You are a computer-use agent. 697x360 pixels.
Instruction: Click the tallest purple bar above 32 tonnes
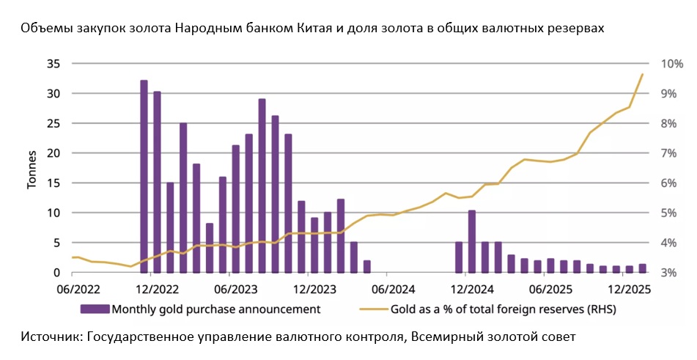144,176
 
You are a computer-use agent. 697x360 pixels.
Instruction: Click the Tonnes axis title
32,168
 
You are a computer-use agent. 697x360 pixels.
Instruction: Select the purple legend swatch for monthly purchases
95,309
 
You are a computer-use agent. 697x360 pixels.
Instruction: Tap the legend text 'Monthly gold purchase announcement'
215,309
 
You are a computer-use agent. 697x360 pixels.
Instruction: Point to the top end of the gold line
643,74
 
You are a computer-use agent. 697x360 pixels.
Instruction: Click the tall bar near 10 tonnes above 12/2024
472,241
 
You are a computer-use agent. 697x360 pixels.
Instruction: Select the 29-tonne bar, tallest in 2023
262,185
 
